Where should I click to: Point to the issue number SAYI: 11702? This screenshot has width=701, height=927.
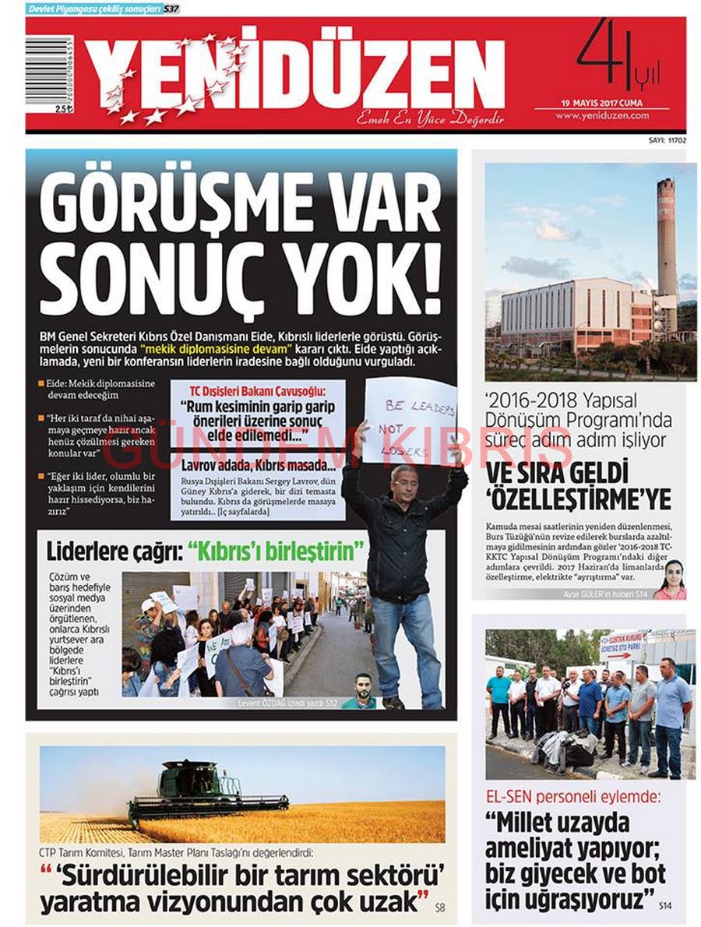pos(666,141)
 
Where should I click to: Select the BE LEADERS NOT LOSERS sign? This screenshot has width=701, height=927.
pos(408,421)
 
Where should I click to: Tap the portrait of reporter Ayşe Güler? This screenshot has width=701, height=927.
pos(669,580)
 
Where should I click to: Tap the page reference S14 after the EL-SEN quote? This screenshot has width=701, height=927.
pos(664,906)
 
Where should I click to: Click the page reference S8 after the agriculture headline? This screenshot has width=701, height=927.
pos(440,907)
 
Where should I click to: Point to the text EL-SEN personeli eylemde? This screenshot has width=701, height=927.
pos(572,797)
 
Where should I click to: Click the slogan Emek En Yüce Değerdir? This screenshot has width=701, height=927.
pos(430,120)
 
